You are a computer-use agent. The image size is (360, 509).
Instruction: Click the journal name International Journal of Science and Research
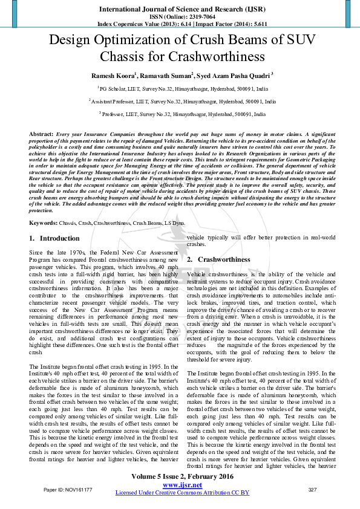click(180, 9)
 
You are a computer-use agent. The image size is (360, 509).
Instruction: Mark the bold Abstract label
click(41, 133)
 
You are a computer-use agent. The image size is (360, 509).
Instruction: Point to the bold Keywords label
click(43, 224)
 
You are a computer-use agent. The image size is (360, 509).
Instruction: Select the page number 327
click(313, 489)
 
